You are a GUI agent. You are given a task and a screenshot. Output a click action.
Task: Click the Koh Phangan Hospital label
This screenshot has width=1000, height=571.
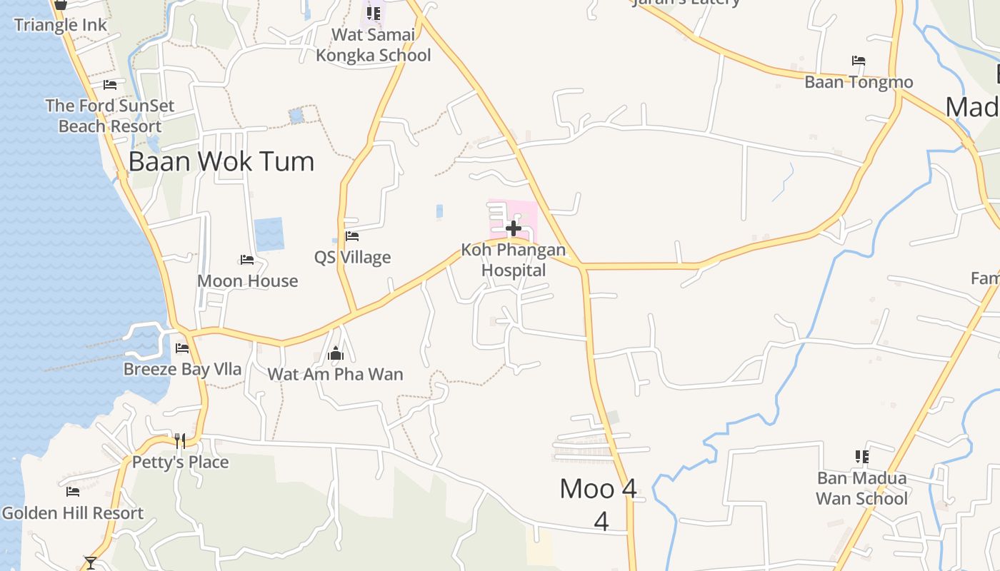[513, 261]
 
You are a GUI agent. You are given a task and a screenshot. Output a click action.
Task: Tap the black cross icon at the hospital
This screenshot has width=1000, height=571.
[513, 228]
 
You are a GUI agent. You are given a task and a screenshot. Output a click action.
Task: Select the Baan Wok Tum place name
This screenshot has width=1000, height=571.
[221, 161]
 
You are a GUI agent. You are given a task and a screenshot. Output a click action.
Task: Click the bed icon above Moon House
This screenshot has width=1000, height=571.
[247, 260]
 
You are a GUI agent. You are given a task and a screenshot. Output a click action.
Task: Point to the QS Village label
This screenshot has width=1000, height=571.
[353, 258]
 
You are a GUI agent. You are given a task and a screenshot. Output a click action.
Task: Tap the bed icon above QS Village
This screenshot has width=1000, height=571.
[352, 236]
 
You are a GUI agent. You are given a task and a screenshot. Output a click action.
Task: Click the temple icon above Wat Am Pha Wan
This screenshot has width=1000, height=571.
[336, 353]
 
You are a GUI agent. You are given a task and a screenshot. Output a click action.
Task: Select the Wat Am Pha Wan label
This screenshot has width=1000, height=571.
[335, 374]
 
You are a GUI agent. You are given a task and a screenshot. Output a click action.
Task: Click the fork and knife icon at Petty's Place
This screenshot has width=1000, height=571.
[180, 440]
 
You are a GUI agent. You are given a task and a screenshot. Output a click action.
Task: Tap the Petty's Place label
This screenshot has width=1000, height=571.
[180, 462]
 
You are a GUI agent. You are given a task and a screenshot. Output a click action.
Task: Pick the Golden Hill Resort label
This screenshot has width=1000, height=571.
[72, 513]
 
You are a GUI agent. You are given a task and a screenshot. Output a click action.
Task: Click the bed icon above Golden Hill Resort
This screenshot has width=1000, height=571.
[72, 492]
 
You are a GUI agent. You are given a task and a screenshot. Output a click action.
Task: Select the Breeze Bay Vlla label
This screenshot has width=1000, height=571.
[182, 370]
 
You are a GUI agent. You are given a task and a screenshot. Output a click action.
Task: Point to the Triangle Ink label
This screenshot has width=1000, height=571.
[61, 25]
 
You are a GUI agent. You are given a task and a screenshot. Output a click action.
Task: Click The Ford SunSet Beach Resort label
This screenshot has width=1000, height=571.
[110, 116]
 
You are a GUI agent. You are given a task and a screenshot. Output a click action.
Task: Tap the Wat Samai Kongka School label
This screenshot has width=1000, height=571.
[373, 45]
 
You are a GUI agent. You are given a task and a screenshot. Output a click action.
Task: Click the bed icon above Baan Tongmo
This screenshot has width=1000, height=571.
[859, 61]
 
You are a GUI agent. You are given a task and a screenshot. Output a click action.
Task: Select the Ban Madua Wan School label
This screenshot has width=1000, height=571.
[861, 488]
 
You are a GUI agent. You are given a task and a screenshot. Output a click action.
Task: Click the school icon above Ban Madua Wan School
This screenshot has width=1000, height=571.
[862, 456]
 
